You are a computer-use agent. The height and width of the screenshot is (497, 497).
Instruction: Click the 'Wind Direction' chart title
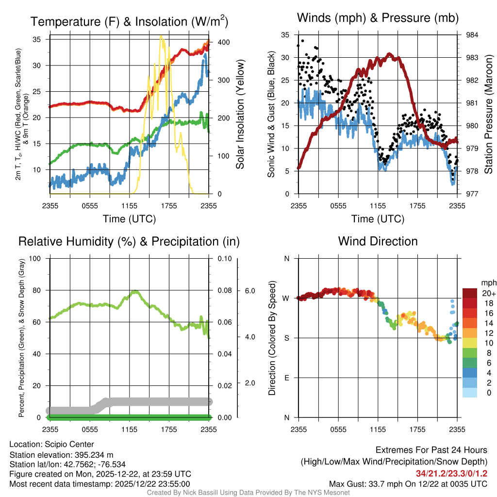378,241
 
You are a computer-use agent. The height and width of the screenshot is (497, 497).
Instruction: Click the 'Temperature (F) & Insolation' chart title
129,22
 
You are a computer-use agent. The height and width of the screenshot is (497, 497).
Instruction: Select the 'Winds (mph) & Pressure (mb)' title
378,18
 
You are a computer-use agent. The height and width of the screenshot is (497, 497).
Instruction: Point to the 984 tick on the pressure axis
472,35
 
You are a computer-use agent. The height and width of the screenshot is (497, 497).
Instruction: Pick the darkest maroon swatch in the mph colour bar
470,294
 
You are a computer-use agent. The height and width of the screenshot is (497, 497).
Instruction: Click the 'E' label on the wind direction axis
286,378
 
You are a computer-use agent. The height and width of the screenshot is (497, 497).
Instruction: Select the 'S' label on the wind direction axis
286,338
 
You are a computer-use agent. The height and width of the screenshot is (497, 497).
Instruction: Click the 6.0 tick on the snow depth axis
249,291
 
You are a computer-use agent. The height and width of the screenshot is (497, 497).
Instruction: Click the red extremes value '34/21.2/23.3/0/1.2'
451,473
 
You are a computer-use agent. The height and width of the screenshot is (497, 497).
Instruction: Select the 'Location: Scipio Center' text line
51,444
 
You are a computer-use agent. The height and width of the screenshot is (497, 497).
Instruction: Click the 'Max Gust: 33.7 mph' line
408,483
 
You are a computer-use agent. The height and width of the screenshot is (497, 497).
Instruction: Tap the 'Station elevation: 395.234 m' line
61,455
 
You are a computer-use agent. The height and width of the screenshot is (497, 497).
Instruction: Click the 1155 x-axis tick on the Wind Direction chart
378,429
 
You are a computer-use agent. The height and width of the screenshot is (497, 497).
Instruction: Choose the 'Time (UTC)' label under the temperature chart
129,219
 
